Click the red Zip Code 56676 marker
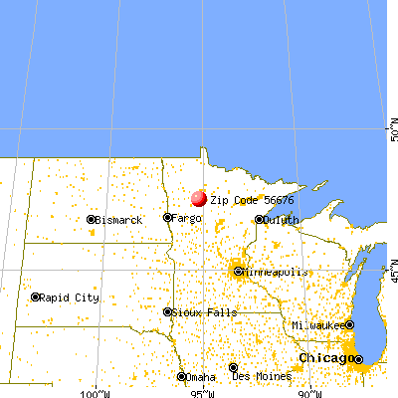[x=198, y=198]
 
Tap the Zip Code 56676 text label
[x=245, y=199]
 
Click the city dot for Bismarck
[x=91, y=219]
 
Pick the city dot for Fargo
[x=167, y=218]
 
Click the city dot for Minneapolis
[x=238, y=271]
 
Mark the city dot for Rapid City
[x=36, y=297]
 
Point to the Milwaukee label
[x=317, y=325]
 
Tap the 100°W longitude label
[x=96, y=391]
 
